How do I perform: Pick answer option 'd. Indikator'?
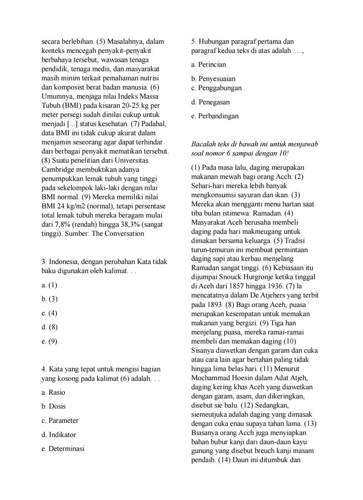pyautogui.click(x=59, y=435)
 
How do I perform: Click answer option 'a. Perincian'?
pyautogui.click(x=208, y=65)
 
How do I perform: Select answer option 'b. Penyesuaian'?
pyautogui.click(x=213, y=79)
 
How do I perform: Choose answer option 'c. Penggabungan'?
pyautogui.click(x=216, y=88)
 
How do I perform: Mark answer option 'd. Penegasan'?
pyautogui.click(x=210, y=102)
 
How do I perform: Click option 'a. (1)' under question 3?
pyautogui.click(x=50, y=285)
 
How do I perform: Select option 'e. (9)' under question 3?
pyautogui.click(x=50, y=341)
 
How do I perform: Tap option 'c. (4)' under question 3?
pyautogui.click(x=50, y=313)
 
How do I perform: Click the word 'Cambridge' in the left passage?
pyautogui.click(x=58, y=170)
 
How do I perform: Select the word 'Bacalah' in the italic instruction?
pyautogui.click(x=203, y=144)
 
